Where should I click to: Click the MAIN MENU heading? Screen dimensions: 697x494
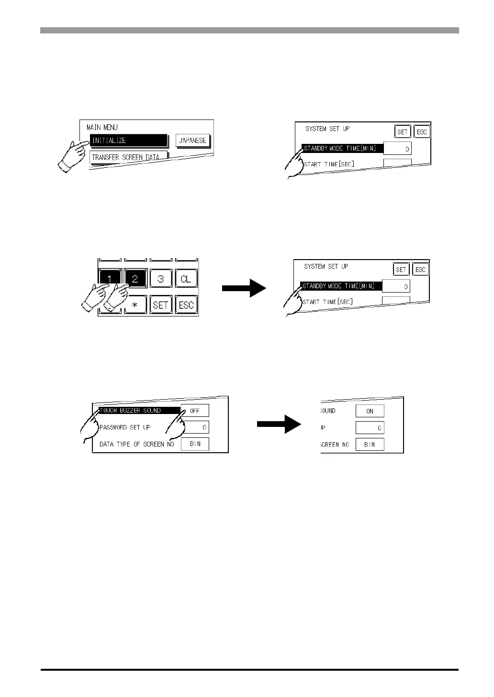[102, 127]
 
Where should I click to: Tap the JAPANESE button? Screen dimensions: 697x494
[192, 141]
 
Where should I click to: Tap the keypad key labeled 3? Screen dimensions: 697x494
[161, 278]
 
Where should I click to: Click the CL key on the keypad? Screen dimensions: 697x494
[186, 278]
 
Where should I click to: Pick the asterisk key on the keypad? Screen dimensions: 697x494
[135, 304]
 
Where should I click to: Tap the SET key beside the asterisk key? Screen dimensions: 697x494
[161, 304]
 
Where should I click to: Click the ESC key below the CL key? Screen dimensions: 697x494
[186, 304]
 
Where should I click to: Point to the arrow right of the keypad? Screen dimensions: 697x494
[244, 288]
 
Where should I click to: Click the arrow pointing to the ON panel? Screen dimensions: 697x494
[279, 424]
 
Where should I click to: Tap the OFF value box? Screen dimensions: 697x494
[195, 410]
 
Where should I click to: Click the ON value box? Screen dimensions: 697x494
[370, 411]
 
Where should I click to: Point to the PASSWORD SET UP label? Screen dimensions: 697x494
[125, 427]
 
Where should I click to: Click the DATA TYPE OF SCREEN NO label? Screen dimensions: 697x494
[136, 444]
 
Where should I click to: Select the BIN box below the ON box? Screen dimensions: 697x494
[370, 445]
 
